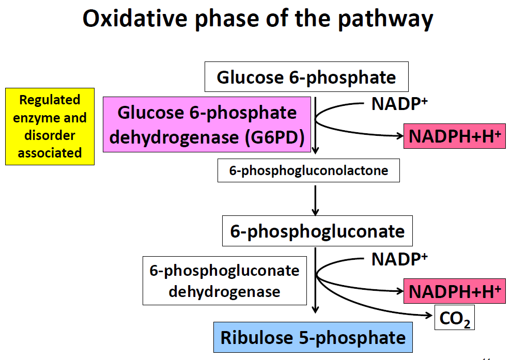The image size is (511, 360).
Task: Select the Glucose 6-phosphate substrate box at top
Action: (306, 77)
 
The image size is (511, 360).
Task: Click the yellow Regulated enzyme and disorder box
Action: (50, 127)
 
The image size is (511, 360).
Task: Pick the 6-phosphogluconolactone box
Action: (308, 170)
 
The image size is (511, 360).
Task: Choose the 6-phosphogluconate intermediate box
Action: (317, 231)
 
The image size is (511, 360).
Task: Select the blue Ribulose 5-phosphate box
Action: (313, 338)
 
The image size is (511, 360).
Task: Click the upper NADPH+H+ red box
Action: (455, 136)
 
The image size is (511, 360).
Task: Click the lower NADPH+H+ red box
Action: (455, 291)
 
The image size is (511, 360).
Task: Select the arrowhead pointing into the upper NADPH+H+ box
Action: (399, 136)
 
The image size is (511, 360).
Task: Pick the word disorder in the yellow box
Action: (50, 135)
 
